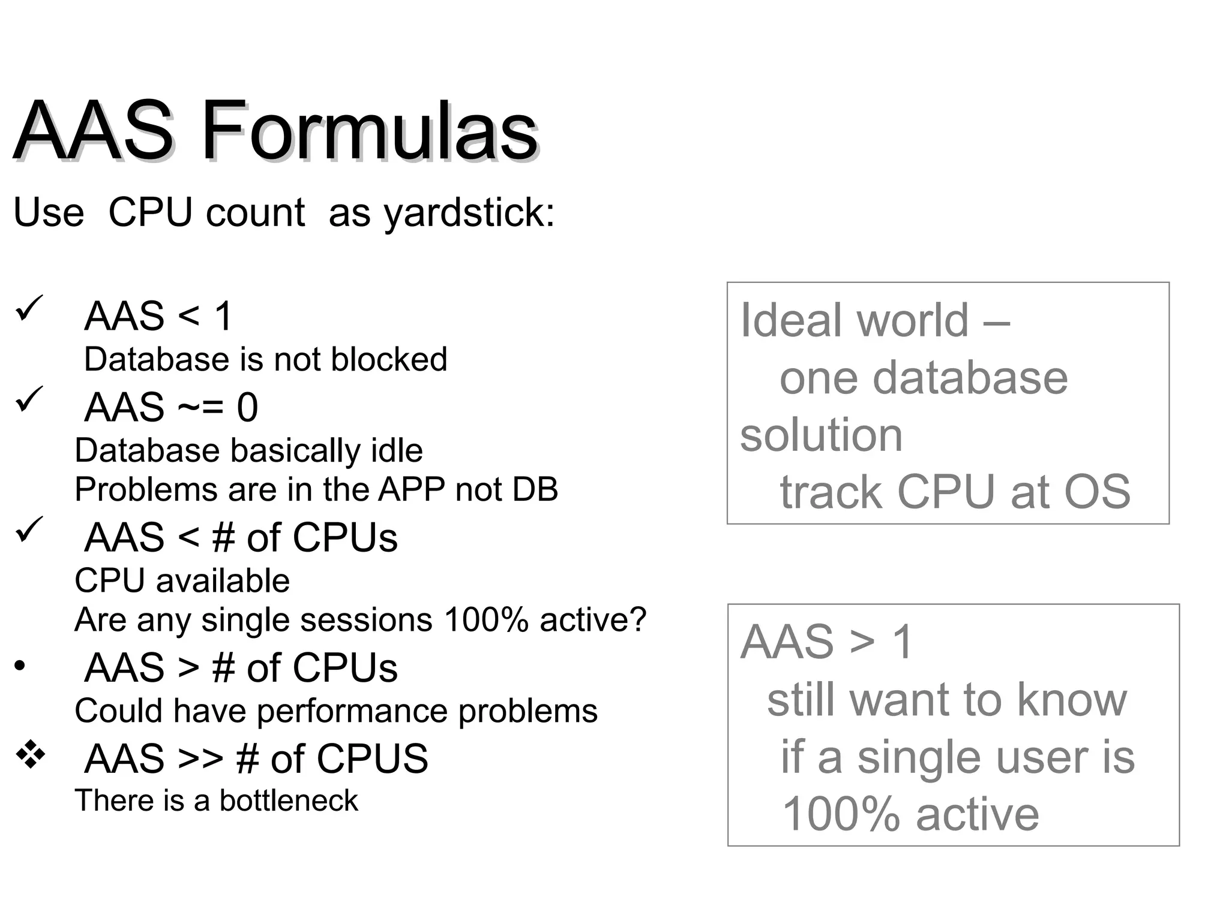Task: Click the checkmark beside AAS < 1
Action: click(x=29, y=308)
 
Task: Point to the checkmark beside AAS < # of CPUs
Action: click(x=29, y=529)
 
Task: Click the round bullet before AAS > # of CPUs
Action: click(x=20, y=666)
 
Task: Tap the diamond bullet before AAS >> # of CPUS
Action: click(x=31, y=754)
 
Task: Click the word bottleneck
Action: click(x=288, y=801)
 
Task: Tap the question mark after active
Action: click(x=638, y=619)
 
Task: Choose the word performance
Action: click(x=352, y=711)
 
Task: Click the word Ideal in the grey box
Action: click(x=794, y=320)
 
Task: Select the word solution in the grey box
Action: click(x=820, y=435)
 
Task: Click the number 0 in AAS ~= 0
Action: click(x=247, y=407)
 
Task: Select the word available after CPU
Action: click(x=223, y=580)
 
